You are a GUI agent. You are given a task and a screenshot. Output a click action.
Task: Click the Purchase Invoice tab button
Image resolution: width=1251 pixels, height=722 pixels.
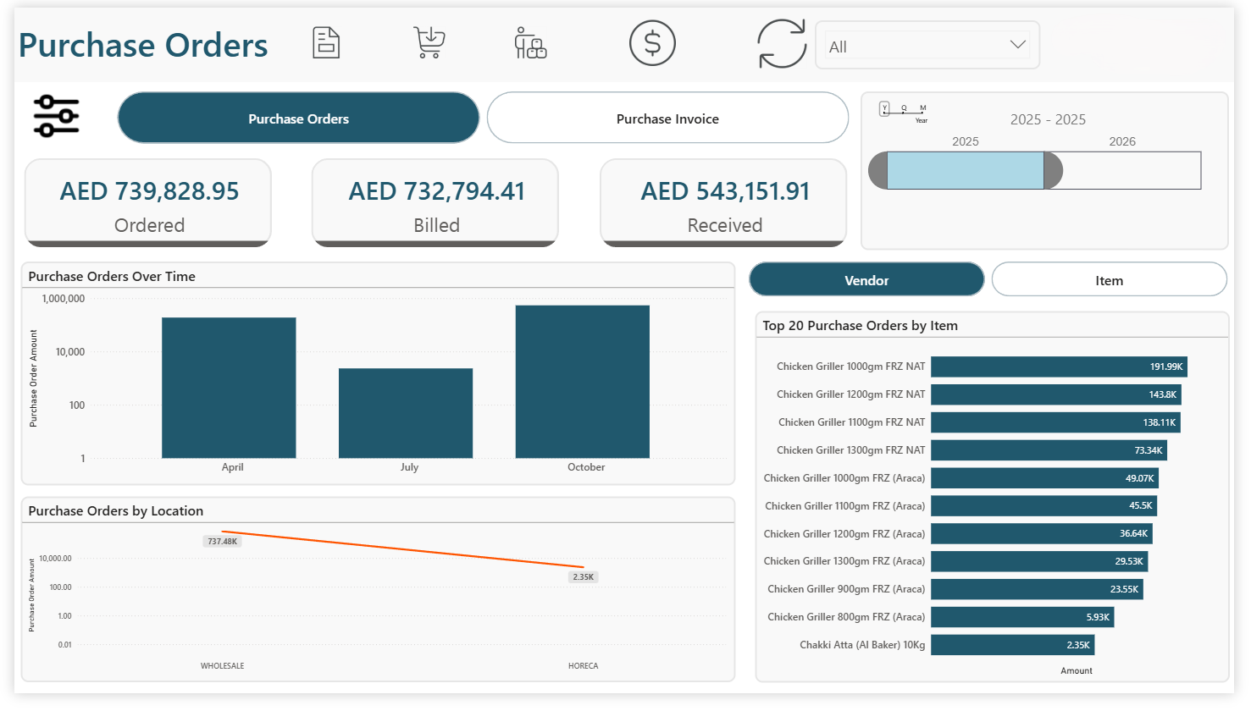click(x=667, y=118)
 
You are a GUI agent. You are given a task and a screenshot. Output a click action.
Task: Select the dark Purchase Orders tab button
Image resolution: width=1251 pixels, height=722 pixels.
click(x=298, y=118)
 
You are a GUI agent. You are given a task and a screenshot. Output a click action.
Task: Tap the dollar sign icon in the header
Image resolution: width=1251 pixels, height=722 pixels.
click(x=651, y=43)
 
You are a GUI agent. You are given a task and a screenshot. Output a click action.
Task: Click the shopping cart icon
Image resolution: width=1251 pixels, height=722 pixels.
click(x=429, y=42)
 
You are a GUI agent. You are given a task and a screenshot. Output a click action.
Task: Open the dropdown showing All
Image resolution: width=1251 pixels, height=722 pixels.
click(x=927, y=46)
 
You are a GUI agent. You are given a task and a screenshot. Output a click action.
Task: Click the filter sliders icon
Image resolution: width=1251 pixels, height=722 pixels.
click(x=56, y=116)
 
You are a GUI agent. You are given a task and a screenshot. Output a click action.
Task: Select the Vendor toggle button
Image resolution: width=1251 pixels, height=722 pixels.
click(x=866, y=280)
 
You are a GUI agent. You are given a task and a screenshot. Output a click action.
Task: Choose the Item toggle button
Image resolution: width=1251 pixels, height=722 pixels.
click(x=1108, y=280)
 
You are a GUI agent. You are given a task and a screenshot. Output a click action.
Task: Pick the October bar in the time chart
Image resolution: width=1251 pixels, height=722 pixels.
click(x=582, y=382)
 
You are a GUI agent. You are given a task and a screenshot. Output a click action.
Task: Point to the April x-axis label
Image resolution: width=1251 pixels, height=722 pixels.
click(x=232, y=467)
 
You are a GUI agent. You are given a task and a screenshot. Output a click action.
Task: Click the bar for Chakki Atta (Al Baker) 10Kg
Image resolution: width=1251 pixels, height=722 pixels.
click(x=1012, y=645)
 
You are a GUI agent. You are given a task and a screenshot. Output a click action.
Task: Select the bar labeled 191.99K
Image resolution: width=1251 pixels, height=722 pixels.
click(x=1058, y=367)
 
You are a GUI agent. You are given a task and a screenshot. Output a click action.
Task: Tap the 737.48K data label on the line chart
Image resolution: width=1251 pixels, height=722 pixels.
click(x=223, y=542)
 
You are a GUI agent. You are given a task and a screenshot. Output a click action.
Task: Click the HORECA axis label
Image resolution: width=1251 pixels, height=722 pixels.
click(x=583, y=666)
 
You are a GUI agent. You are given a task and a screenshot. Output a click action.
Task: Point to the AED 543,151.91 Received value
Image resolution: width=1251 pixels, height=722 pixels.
click(x=725, y=192)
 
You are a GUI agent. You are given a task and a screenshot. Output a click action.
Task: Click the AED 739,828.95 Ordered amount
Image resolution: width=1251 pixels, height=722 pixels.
click(x=149, y=192)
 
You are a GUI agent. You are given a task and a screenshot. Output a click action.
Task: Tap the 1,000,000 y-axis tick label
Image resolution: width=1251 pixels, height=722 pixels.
click(x=64, y=299)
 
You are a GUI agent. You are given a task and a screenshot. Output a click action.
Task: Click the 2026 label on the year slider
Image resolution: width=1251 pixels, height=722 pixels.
click(x=1121, y=141)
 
